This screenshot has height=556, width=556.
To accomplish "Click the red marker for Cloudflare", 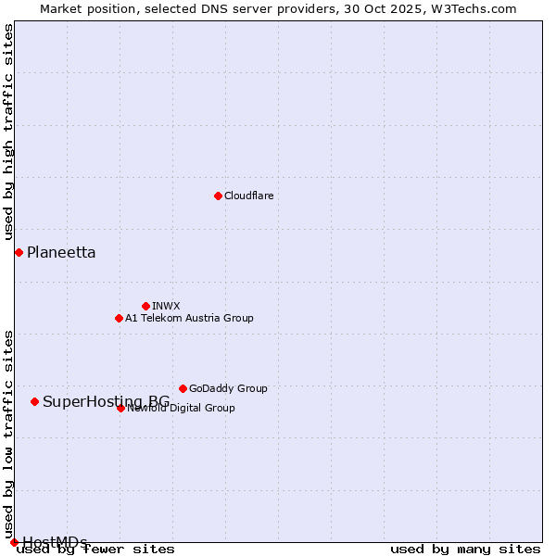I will point(218,196).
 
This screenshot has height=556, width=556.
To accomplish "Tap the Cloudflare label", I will point(248,196).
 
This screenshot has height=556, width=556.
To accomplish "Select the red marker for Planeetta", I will point(19,252).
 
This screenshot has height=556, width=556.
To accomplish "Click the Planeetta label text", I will point(61,252).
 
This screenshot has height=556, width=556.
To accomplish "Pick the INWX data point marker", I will point(145,306).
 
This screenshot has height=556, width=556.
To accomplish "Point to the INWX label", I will point(166,306).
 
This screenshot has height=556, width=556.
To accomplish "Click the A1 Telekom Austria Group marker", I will point(119,318).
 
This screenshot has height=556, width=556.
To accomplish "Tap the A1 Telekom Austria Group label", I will point(189,318).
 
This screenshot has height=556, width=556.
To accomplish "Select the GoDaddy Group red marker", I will point(183,388).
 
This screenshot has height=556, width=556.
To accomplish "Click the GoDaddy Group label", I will point(228,388).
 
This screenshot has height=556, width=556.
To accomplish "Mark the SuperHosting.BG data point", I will point(34,401).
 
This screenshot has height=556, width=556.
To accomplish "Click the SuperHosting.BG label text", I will point(106,401).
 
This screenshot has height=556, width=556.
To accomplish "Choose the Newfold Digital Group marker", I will point(120,408).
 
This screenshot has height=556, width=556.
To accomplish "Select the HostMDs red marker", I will point(14,542).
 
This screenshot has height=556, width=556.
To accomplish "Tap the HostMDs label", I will point(55,541).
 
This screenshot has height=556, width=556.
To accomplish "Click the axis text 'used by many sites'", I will point(465,550).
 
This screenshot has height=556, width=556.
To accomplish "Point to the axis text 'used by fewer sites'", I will point(96,550).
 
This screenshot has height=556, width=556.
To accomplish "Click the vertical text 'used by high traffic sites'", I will point(8,133).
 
